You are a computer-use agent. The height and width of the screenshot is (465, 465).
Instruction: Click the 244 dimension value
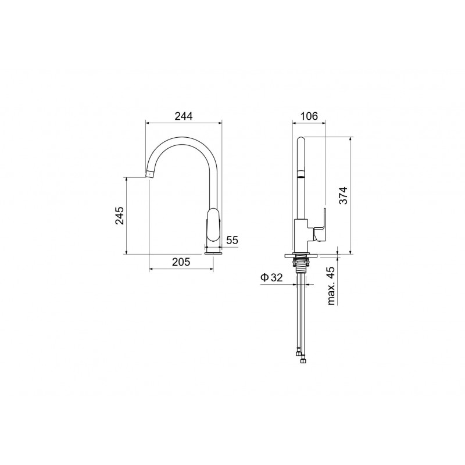click(x=183, y=116)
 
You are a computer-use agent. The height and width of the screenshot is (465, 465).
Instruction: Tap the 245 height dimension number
click(x=120, y=215)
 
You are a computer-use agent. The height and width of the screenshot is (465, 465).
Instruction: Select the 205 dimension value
click(x=181, y=262)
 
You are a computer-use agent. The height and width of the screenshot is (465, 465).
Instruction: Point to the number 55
click(x=232, y=240)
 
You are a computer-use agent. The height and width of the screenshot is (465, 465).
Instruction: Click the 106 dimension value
click(x=309, y=116)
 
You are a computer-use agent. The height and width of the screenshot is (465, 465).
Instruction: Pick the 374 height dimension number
click(x=343, y=195)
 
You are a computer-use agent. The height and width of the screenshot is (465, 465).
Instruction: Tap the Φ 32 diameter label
click(x=271, y=278)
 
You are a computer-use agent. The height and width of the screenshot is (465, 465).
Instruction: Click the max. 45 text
click(x=331, y=286)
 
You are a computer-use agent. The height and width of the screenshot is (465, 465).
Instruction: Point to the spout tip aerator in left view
click(x=151, y=174)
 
